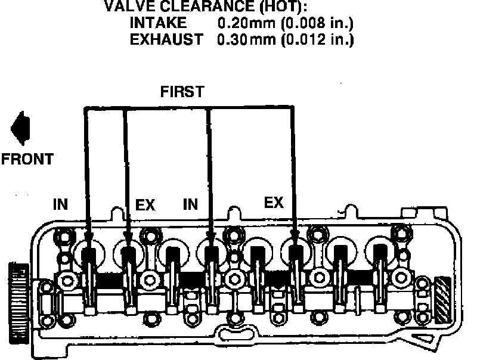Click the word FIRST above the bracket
tap(182, 92)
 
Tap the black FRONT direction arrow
tap(21, 128)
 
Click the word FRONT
tap(27, 159)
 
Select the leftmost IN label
tap(60, 204)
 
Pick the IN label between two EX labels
tap(190, 204)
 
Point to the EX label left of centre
tap(145, 204)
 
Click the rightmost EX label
tap(274, 203)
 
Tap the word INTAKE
tap(158, 23)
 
